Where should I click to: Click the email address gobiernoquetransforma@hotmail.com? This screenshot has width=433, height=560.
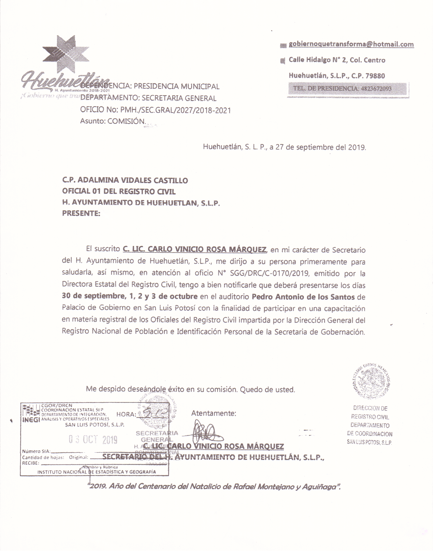(x=351, y=44)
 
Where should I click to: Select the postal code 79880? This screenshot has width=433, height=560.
(x=375, y=76)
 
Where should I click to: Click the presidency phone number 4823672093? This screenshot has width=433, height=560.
(x=376, y=89)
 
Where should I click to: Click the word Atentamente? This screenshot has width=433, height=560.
(x=213, y=413)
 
